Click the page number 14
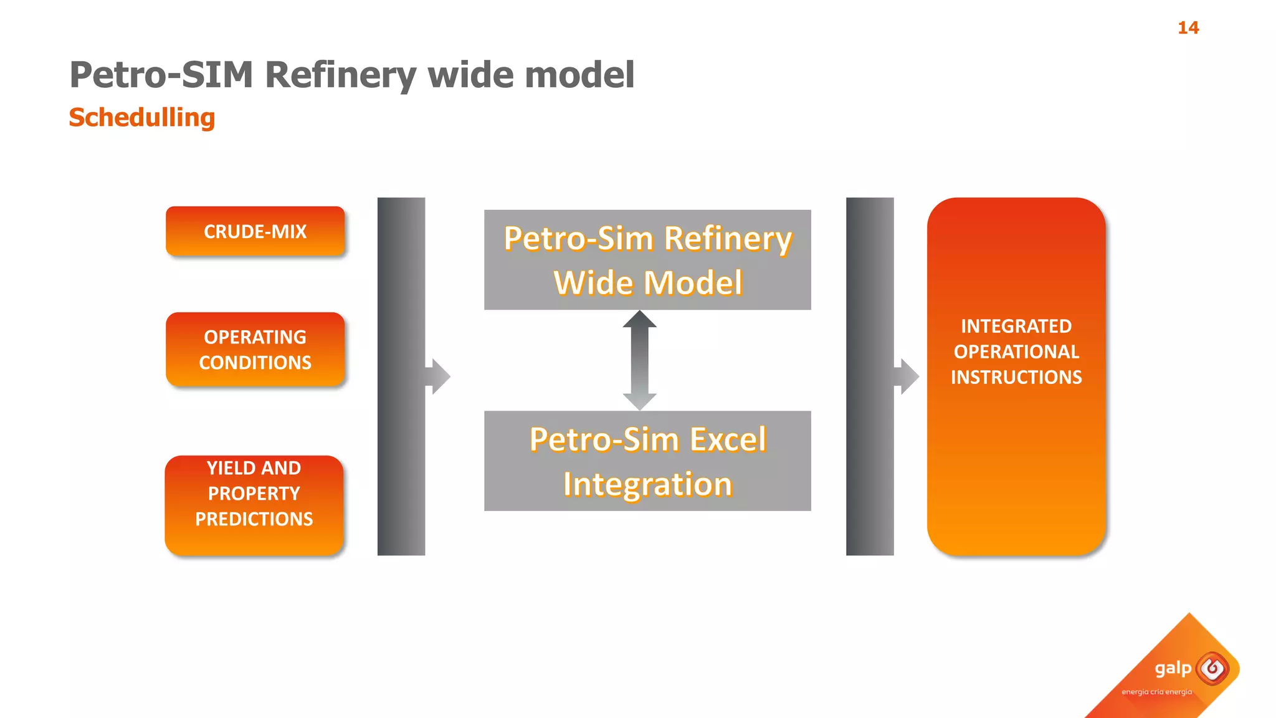point(1188,27)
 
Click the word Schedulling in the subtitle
point(141,117)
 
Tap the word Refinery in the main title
point(340,75)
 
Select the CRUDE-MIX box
point(255,231)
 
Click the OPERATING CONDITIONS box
point(255,350)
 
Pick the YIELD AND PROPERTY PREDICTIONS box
point(254,505)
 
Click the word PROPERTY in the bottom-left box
point(254,494)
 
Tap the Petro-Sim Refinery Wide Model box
point(647,260)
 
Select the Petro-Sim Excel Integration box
point(647,461)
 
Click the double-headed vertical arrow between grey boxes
point(640,360)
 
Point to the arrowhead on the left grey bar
point(439,376)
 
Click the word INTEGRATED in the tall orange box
point(1016,326)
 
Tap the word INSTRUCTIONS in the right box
point(1016,377)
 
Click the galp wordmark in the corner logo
point(1173,669)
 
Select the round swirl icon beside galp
point(1212,669)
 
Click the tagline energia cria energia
point(1156,692)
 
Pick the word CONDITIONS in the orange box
point(255,363)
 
